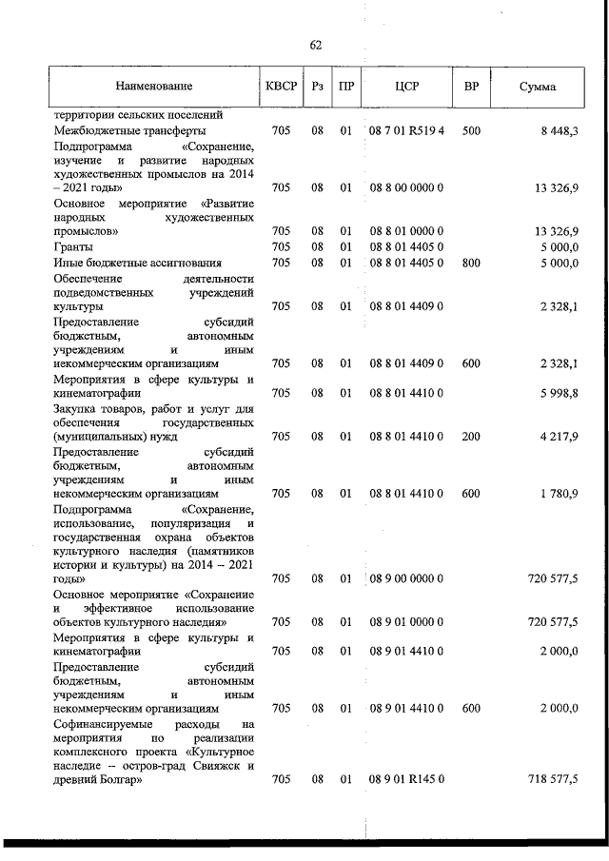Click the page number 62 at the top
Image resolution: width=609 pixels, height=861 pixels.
tap(317, 45)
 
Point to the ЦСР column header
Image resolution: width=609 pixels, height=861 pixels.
tap(406, 88)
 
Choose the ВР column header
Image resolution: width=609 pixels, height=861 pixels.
tap(470, 88)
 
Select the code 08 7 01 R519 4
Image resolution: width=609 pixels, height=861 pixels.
tap(406, 130)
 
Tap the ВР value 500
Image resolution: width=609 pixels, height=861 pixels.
tap(470, 130)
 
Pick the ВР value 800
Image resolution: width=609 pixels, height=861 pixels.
tap(470, 262)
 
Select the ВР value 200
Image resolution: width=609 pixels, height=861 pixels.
tap(470, 437)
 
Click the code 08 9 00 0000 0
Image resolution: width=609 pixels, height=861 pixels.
tap(406, 577)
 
